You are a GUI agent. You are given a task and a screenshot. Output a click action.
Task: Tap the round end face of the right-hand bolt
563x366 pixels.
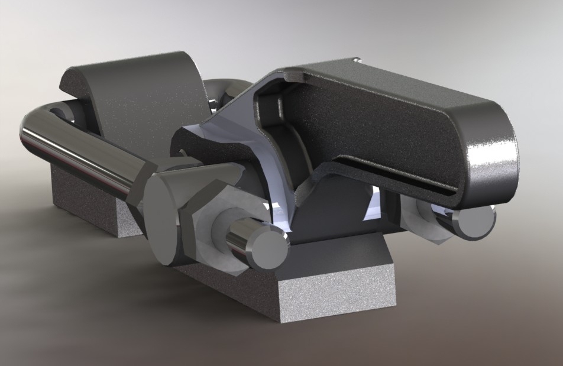(477, 222)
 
